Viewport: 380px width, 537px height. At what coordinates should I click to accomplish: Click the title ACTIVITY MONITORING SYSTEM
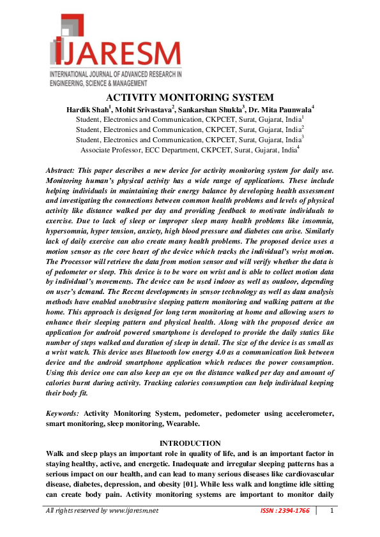click(190, 98)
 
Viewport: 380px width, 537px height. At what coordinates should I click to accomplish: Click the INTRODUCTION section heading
click(190, 443)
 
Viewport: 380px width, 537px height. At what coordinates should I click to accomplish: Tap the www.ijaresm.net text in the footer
click(133, 511)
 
